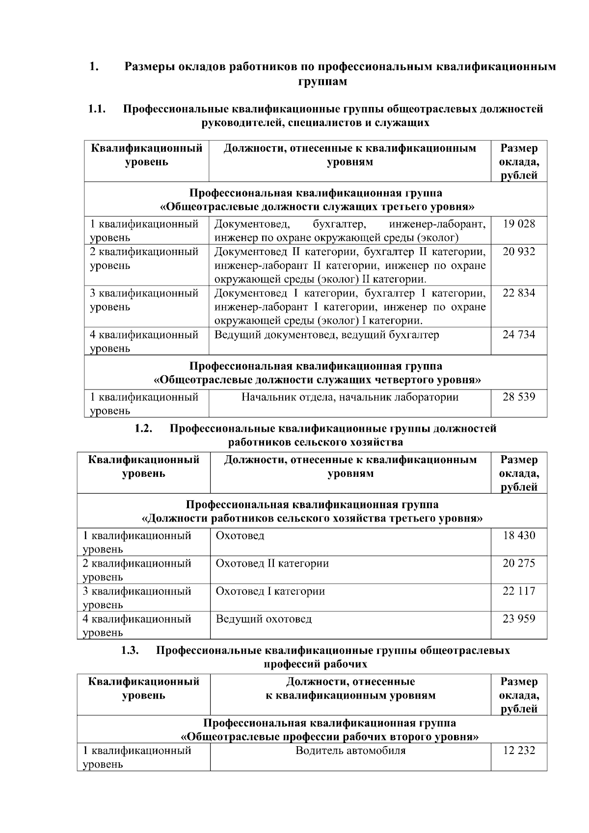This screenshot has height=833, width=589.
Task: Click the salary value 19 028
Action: pos(519,224)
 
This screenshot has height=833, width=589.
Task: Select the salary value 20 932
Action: pos(519,252)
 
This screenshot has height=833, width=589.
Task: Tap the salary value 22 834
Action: pos(519,293)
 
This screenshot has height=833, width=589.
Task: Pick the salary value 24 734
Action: pos(519,335)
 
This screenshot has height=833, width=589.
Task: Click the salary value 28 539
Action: pos(519,397)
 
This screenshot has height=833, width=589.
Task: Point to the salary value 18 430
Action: pos(519,536)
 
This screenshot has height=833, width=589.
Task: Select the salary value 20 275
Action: pos(519,563)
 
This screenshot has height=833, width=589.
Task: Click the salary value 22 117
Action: pos(519,591)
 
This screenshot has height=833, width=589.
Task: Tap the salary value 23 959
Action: pos(519,619)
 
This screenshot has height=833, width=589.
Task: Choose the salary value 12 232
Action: pos(519,751)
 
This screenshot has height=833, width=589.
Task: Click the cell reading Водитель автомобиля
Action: pos(350,751)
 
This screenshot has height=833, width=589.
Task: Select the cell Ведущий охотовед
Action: pos(264,619)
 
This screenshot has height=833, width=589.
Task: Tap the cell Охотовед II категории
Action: pos(272,564)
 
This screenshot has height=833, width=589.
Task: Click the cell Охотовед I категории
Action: pos(270,591)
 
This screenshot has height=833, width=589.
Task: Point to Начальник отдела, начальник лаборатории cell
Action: pos(349,397)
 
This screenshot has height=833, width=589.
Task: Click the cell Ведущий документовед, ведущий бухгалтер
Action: pos(327,335)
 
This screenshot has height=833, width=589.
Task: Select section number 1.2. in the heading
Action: pos(143,429)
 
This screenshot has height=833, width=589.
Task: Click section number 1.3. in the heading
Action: pos(130,651)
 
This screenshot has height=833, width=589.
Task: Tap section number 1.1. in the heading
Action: pos(97,109)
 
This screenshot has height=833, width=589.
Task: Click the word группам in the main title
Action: pos(322,81)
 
